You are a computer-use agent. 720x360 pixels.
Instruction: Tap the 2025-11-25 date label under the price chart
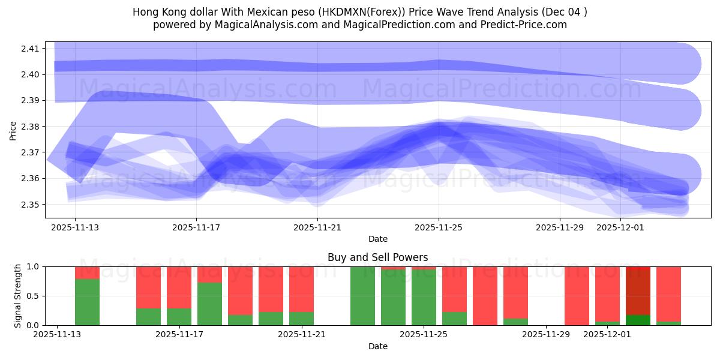439,228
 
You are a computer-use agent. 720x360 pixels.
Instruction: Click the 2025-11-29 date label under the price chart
560,228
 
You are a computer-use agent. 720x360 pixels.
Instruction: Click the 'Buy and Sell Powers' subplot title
377,257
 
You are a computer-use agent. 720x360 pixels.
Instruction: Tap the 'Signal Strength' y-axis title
18,295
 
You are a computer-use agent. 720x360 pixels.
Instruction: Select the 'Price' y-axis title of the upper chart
13,130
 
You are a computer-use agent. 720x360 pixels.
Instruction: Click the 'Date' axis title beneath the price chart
377,239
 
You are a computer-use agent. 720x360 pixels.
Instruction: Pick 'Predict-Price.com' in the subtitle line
524,25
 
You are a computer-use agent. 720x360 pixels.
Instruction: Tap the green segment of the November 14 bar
87,302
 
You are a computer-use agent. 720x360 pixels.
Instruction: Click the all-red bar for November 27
485,296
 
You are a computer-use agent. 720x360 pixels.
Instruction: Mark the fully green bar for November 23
362,296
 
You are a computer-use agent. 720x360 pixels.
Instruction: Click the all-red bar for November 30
577,296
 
